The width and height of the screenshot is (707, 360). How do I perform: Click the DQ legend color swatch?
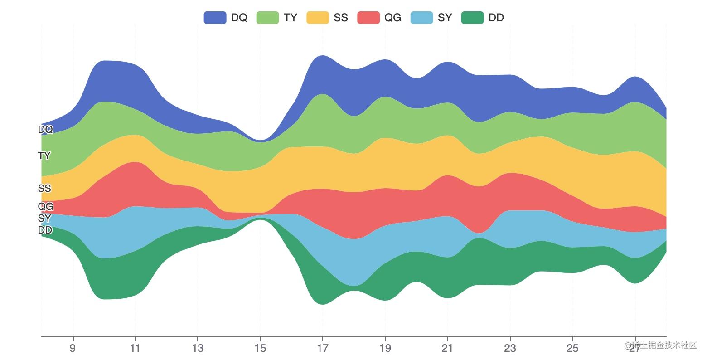pos(215,18)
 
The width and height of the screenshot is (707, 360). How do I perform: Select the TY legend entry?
pos(277,18)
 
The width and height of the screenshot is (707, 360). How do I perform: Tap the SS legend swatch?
pos(318,18)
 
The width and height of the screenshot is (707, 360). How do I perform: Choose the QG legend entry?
pos(379,18)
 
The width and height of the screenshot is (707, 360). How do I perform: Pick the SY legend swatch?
pos(421,18)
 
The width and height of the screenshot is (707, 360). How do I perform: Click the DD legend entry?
pos(482,18)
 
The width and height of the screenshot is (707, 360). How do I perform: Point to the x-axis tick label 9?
pos(73,348)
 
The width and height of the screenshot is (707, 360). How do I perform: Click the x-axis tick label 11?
pos(135,348)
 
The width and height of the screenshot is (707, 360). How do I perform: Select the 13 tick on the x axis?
pos(197,348)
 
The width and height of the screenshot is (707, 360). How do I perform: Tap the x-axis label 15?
pos(260,348)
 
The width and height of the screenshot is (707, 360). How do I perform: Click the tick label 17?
pos(322,348)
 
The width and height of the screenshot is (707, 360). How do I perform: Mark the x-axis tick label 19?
pos(385,348)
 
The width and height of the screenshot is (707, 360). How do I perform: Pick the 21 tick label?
pos(447,348)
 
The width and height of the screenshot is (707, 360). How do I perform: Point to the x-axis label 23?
pos(510,348)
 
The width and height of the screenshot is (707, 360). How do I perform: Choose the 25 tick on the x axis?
pos(572,348)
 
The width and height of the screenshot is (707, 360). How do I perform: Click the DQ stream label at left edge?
pos(45,130)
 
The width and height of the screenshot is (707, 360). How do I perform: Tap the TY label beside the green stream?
pos(44,156)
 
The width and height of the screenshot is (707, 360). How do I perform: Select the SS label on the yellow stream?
pos(44,188)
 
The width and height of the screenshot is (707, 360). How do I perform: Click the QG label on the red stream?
pos(45,207)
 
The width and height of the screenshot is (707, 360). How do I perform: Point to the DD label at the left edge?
pos(45,230)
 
